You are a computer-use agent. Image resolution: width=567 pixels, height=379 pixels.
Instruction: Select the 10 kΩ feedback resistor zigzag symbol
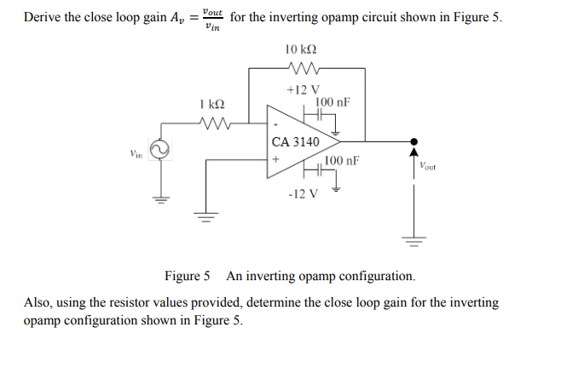coord(304,69)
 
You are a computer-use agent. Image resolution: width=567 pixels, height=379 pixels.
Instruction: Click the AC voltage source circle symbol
coord(158,152)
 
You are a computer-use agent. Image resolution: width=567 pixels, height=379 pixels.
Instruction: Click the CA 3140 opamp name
coord(295,142)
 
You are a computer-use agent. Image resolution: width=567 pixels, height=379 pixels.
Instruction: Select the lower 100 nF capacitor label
coord(342,160)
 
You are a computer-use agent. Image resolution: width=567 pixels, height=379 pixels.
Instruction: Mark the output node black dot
coord(414,141)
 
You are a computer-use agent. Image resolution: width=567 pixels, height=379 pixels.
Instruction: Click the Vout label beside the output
coord(427,168)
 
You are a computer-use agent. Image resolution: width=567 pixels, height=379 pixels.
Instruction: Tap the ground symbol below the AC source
coord(158,202)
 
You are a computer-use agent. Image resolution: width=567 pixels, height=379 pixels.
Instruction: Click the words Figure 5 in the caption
coord(187,277)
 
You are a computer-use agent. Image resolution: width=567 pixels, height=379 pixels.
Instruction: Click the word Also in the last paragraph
coord(38,302)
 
